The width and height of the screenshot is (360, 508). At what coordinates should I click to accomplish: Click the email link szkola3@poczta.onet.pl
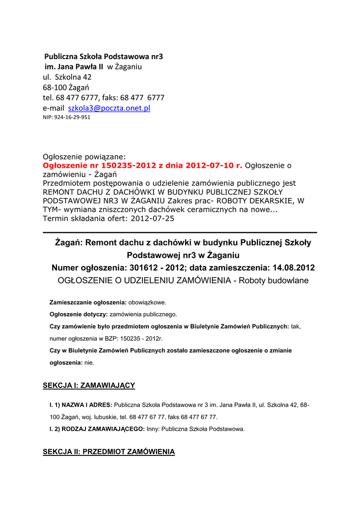coord(109,108)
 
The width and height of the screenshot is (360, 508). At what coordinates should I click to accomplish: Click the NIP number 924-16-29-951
coord(67,118)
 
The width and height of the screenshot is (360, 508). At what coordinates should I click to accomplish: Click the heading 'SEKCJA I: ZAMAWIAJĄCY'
coord(89,385)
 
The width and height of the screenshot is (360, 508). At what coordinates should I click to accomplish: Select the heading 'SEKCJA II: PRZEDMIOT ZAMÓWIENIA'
coord(109,451)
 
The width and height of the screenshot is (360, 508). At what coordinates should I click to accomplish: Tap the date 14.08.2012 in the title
coord(293,268)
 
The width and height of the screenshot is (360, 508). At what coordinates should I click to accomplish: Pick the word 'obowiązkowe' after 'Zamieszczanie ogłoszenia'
coord(147,302)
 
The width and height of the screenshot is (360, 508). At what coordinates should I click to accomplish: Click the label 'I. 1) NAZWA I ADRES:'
coord(80,405)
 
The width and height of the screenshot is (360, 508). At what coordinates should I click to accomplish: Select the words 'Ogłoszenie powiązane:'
coord(84,157)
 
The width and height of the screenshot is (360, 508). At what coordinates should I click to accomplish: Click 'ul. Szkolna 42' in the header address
coord(67,77)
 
